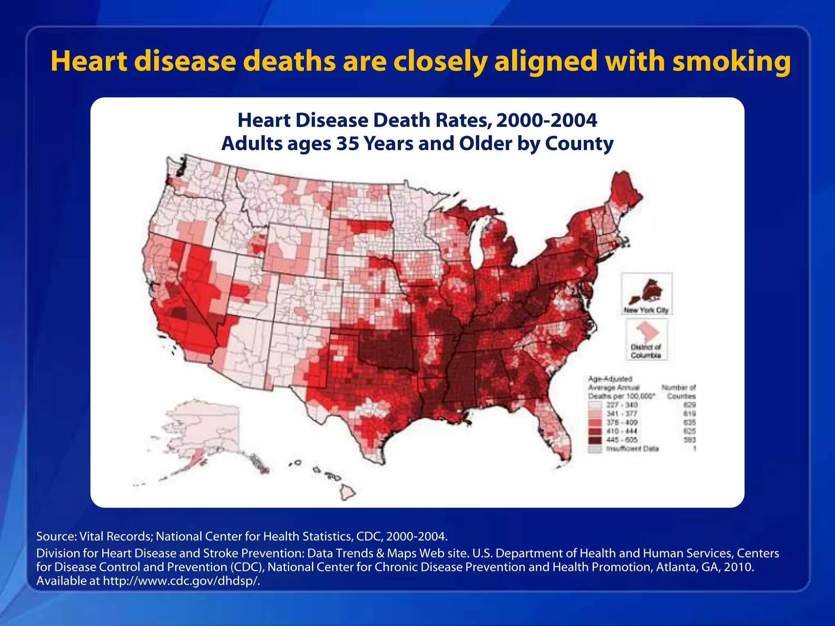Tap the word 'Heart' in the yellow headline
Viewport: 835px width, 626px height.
(x=89, y=62)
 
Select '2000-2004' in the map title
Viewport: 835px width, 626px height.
(x=546, y=120)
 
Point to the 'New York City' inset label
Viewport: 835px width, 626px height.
(x=646, y=310)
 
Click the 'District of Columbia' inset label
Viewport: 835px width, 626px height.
(x=646, y=351)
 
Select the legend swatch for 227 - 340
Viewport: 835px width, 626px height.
(x=595, y=405)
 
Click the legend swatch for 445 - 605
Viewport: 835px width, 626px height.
(x=595, y=440)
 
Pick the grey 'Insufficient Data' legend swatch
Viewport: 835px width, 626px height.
(x=595, y=449)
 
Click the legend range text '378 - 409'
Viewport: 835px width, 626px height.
(x=622, y=423)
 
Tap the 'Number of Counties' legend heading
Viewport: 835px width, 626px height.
(x=679, y=392)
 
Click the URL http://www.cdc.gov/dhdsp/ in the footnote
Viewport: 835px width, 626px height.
(x=181, y=581)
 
